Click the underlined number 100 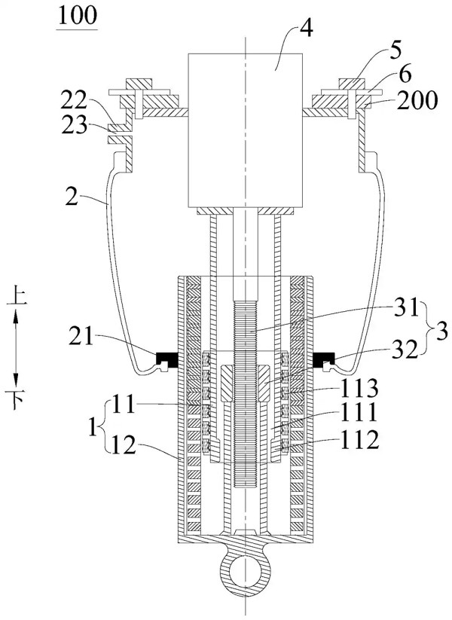[x=77, y=17]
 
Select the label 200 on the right [x=417, y=100]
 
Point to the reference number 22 [x=73, y=102]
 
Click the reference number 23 [x=73, y=125]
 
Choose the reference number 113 [x=359, y=389]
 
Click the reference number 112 [x=359, y=441]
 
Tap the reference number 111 [x=359, y=414]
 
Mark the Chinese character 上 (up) [x=17, y=297]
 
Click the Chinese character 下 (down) [x=16, y=400]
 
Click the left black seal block [x=166, y=359]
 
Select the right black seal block [x=324, y=359]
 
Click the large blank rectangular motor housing [x=245, y=130]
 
